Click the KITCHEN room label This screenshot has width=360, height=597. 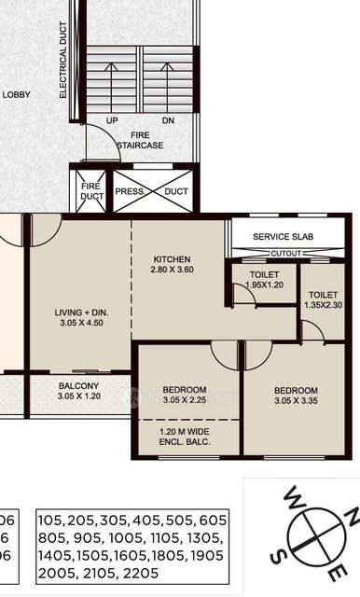(173, 258)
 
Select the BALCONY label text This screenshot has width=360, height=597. (78, 386)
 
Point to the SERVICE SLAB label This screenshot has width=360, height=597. (284, 237)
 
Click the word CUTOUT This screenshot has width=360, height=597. (284, 253)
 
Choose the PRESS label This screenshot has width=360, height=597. (130, 192)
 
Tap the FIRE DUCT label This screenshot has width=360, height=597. (91, 191)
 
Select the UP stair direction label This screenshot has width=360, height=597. (112, 121)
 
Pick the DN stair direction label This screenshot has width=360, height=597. (168, 121)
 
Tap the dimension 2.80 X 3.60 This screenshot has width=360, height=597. (173, 270)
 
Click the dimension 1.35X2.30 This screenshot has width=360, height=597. (323, 303)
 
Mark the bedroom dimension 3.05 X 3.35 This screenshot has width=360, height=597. (296, 402)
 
